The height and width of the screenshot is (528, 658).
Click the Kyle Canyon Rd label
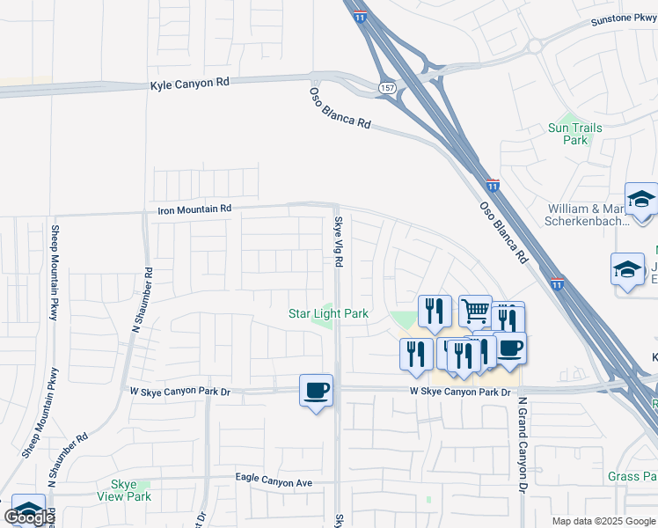point(189,82)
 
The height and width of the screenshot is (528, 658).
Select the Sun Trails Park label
point(574,134)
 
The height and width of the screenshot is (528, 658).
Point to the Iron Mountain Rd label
point(194,209)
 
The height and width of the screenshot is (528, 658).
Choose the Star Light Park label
point(328,313)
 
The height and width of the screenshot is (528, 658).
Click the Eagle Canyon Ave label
point(274,479)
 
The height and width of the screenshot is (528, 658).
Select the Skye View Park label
point(131,490)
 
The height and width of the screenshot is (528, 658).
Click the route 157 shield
point(387,89)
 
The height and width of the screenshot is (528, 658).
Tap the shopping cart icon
point(475,310)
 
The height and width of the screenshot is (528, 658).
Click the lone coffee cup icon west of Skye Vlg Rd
point(316,389)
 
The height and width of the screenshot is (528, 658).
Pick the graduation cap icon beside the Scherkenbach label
point(641,200)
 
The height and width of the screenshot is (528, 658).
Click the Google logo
point(29,517)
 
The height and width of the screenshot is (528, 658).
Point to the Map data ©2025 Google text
point(603,520)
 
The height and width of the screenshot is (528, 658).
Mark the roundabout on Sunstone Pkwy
point(533,47)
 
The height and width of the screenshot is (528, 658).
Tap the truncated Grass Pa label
point(632,477)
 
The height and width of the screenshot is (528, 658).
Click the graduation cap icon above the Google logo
point(28,510)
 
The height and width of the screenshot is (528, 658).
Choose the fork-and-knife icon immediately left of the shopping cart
point(434,310)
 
